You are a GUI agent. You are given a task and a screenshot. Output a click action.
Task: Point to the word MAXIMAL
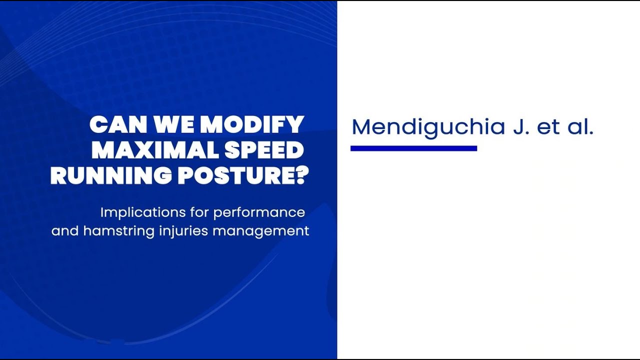pyautogui.click(x=155, y=150)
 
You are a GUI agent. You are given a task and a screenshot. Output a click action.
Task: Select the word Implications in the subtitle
pyautogui.click(x=143, y=213)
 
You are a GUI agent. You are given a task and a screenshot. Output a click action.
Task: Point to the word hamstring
pyautogui.click(x=119, y=231)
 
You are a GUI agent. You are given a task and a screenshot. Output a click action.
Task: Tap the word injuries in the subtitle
pyautogui.click(x=183, y=231)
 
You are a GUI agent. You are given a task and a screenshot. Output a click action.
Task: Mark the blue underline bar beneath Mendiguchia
pyautogui.click(x=413, y=148)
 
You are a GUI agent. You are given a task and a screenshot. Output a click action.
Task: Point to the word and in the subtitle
pyautogui.click(x=65, y=231)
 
